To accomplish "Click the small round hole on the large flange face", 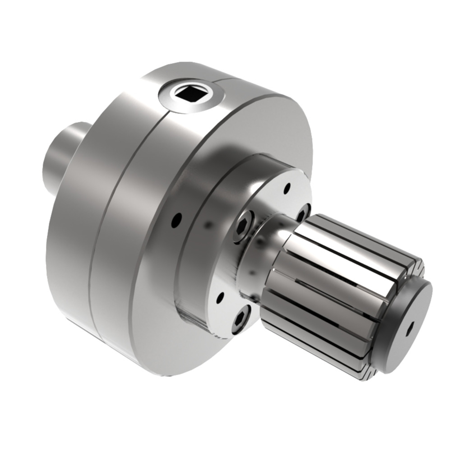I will [x=177, y=220].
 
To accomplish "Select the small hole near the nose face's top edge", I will [x=286, y=188].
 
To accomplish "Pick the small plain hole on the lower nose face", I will [x=220, y=298].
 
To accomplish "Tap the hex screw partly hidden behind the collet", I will [x=303, y=212].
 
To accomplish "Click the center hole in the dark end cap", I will [x=409, y=328].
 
